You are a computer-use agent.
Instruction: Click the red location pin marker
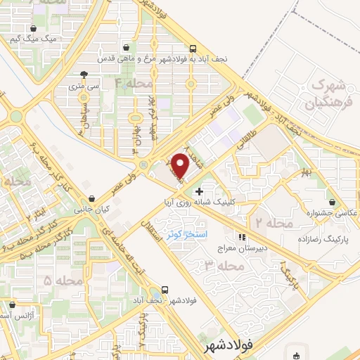click(180, 165)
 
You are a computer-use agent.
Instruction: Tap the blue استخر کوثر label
click(186, 232)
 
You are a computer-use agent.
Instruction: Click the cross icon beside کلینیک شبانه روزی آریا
click(199, 191)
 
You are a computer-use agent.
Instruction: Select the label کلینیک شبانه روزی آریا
click(207, 202)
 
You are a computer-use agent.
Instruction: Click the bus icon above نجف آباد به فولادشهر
click(193, 49)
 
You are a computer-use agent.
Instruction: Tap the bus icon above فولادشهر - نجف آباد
click(165, 289)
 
